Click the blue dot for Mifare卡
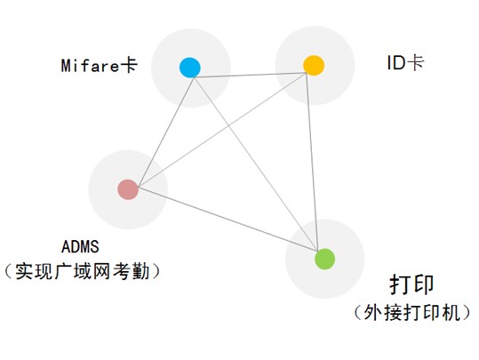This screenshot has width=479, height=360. click(189, 68)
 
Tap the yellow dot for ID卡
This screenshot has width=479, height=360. click(314, 65)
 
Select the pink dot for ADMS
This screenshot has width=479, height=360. click(128, 189)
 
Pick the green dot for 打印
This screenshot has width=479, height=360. click(324, 259)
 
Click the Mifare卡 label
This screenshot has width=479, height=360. click(100, 66)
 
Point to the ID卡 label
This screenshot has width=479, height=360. click(405, 63)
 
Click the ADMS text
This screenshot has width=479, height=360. click(80, 246)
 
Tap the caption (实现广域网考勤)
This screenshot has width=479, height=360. click(82, 271)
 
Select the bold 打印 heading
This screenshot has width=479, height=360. click(411, 284)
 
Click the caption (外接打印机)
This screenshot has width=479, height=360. click(412, 313)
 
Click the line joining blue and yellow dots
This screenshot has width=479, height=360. click(251, 76)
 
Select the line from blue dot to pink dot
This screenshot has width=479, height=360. click(166, 132)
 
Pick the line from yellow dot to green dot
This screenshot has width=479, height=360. click(312, 162)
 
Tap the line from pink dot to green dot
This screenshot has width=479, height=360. click(228, 220)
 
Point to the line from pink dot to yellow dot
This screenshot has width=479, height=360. click(222, 130)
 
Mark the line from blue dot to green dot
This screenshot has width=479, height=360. click(256, 164)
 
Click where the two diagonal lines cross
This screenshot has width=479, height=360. click(228, 125)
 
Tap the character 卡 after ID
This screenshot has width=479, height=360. click(416, 63)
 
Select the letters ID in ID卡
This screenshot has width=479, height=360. click(396, 64)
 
